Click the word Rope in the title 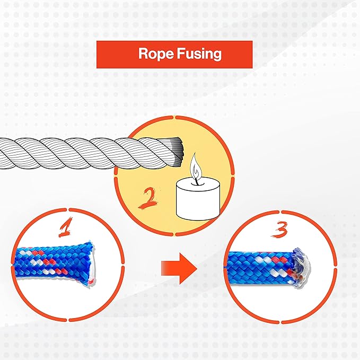click(x=156, y=54)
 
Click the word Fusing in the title click(x=199, y=54)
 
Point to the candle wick click(x=197, y=181)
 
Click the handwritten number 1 click(x=65, y=227)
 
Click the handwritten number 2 click(x=148, y=197)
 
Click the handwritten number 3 click(x=279, y=229)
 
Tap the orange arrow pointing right click(x=179, y=269)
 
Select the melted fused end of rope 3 click(x=301, y=267)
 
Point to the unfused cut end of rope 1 click(x=92, y=264)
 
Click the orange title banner click(x=174, y=55)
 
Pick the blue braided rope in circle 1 click(x=55, y=264)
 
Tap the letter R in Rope click(x=143, y=54)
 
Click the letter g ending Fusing click(x=217, y=56)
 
